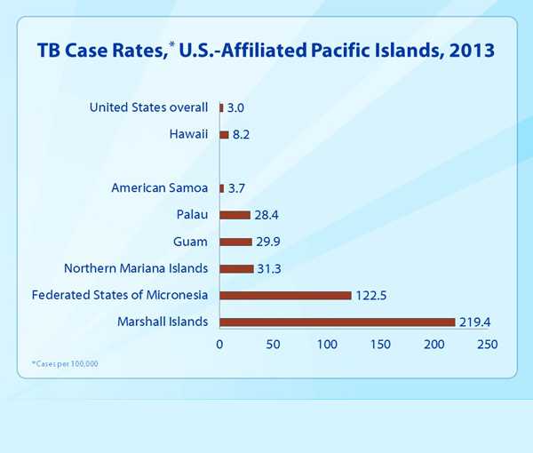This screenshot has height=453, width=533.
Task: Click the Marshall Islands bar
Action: tap(338, 322)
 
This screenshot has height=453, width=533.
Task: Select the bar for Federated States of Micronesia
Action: tap(285, 295)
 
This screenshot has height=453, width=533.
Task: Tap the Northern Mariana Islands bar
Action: tap(236, 268)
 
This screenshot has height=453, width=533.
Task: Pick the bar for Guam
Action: tap(235, 242)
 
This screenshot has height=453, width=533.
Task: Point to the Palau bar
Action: tap(235, 214)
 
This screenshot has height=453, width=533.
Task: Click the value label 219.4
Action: tap(475, 322)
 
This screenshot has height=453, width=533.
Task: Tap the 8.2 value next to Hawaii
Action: tap(243, 135)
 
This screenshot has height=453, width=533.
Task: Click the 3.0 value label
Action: tap(236, 108)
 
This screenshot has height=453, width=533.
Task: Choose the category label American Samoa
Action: tap(159, 187)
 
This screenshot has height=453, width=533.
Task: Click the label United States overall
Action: tap(148, 108)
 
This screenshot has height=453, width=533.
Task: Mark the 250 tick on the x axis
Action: tap(488, 344)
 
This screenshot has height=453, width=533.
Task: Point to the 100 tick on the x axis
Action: tap(327, 344)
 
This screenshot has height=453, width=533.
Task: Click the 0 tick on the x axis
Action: tap(219, 344)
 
